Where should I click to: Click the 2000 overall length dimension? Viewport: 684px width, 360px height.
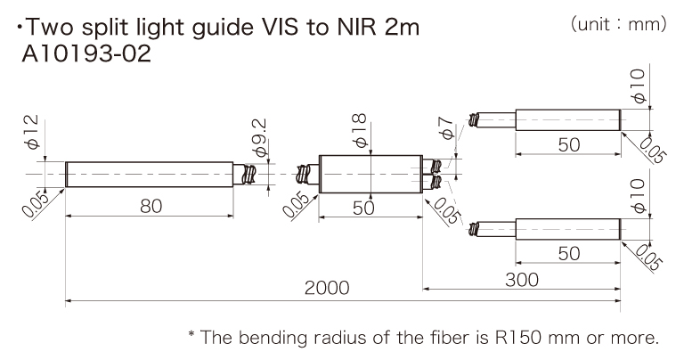pyautogui.click(x=327, y=289)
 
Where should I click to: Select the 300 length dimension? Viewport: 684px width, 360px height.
pyautogui.click(x=521, y=279)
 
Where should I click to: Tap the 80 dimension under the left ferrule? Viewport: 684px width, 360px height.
pyautogui.click(x=151, y=206)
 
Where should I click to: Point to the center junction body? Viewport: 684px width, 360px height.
pyautogui.click(x=369, y=171)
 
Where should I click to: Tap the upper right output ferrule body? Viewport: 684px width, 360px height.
pyautogui.click(x=568, y=118)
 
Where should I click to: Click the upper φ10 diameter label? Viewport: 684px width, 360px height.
pyautogui.click(x=636, y=88)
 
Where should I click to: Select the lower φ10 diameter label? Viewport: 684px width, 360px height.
pyautogui.click(x=636, y=195)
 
